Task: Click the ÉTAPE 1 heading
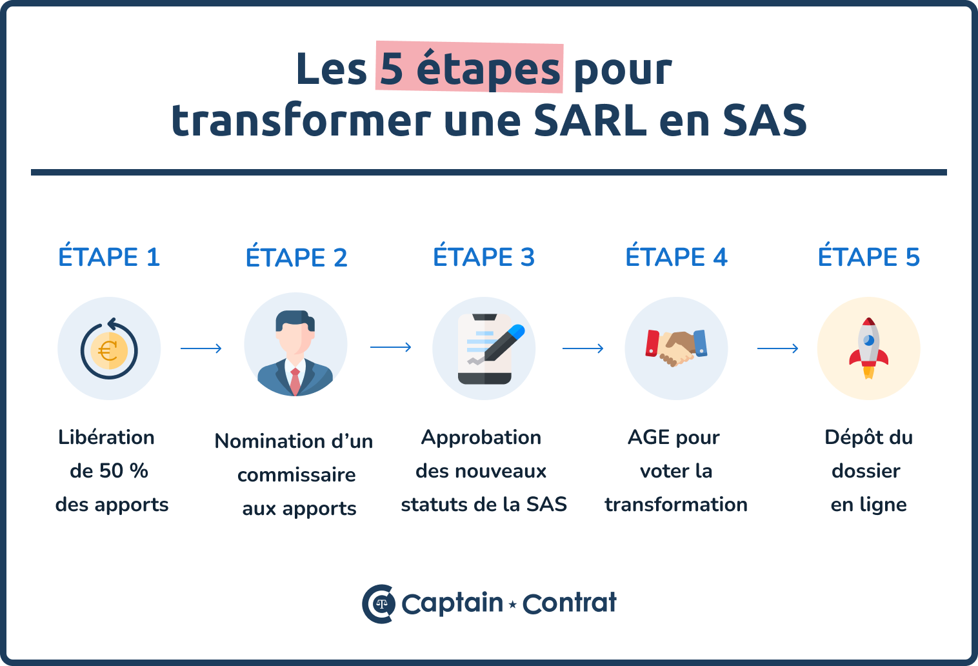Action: tap(109, 257)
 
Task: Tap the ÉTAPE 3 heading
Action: tap(484, 257)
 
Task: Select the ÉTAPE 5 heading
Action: tap(868, 257)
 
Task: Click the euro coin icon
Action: tap(108, 350)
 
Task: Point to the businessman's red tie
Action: tap(295, 381)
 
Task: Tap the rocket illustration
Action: tap(868, 348)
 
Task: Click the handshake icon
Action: tap(675, 347)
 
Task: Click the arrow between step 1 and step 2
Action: tap(201, 348)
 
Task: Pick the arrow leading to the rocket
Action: tap(777, 348)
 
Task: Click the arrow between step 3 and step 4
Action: tap(583, 348)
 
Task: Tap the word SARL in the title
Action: tap(590, 121)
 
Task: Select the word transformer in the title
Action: tap(301, 121)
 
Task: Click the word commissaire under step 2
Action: tap(297, 475)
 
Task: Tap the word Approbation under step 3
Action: tap(481, 438)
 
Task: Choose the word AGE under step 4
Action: tap(649, 438)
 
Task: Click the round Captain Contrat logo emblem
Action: tap(379, 604)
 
